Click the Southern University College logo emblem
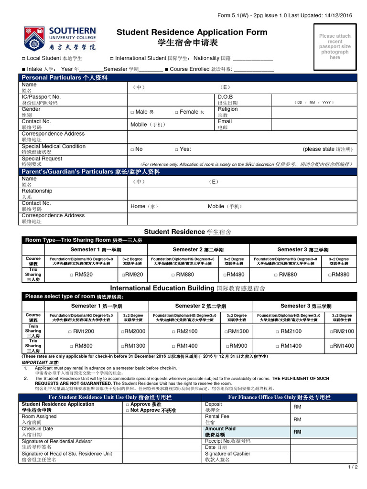click(34, 39)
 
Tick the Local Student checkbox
click(24, 59)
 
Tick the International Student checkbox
click(112, 59)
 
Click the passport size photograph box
click(335, 46)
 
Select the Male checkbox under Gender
click(132, 112)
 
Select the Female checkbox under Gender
click(176, 112)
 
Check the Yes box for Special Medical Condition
click(176, 149)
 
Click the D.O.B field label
click(225, 97)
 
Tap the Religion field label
click(227, 109)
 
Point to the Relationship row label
click(37, 191)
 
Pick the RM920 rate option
click(123, 275)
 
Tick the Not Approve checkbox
click(128, 410)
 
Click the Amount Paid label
click(220, 429)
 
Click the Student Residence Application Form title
click(192, 32)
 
